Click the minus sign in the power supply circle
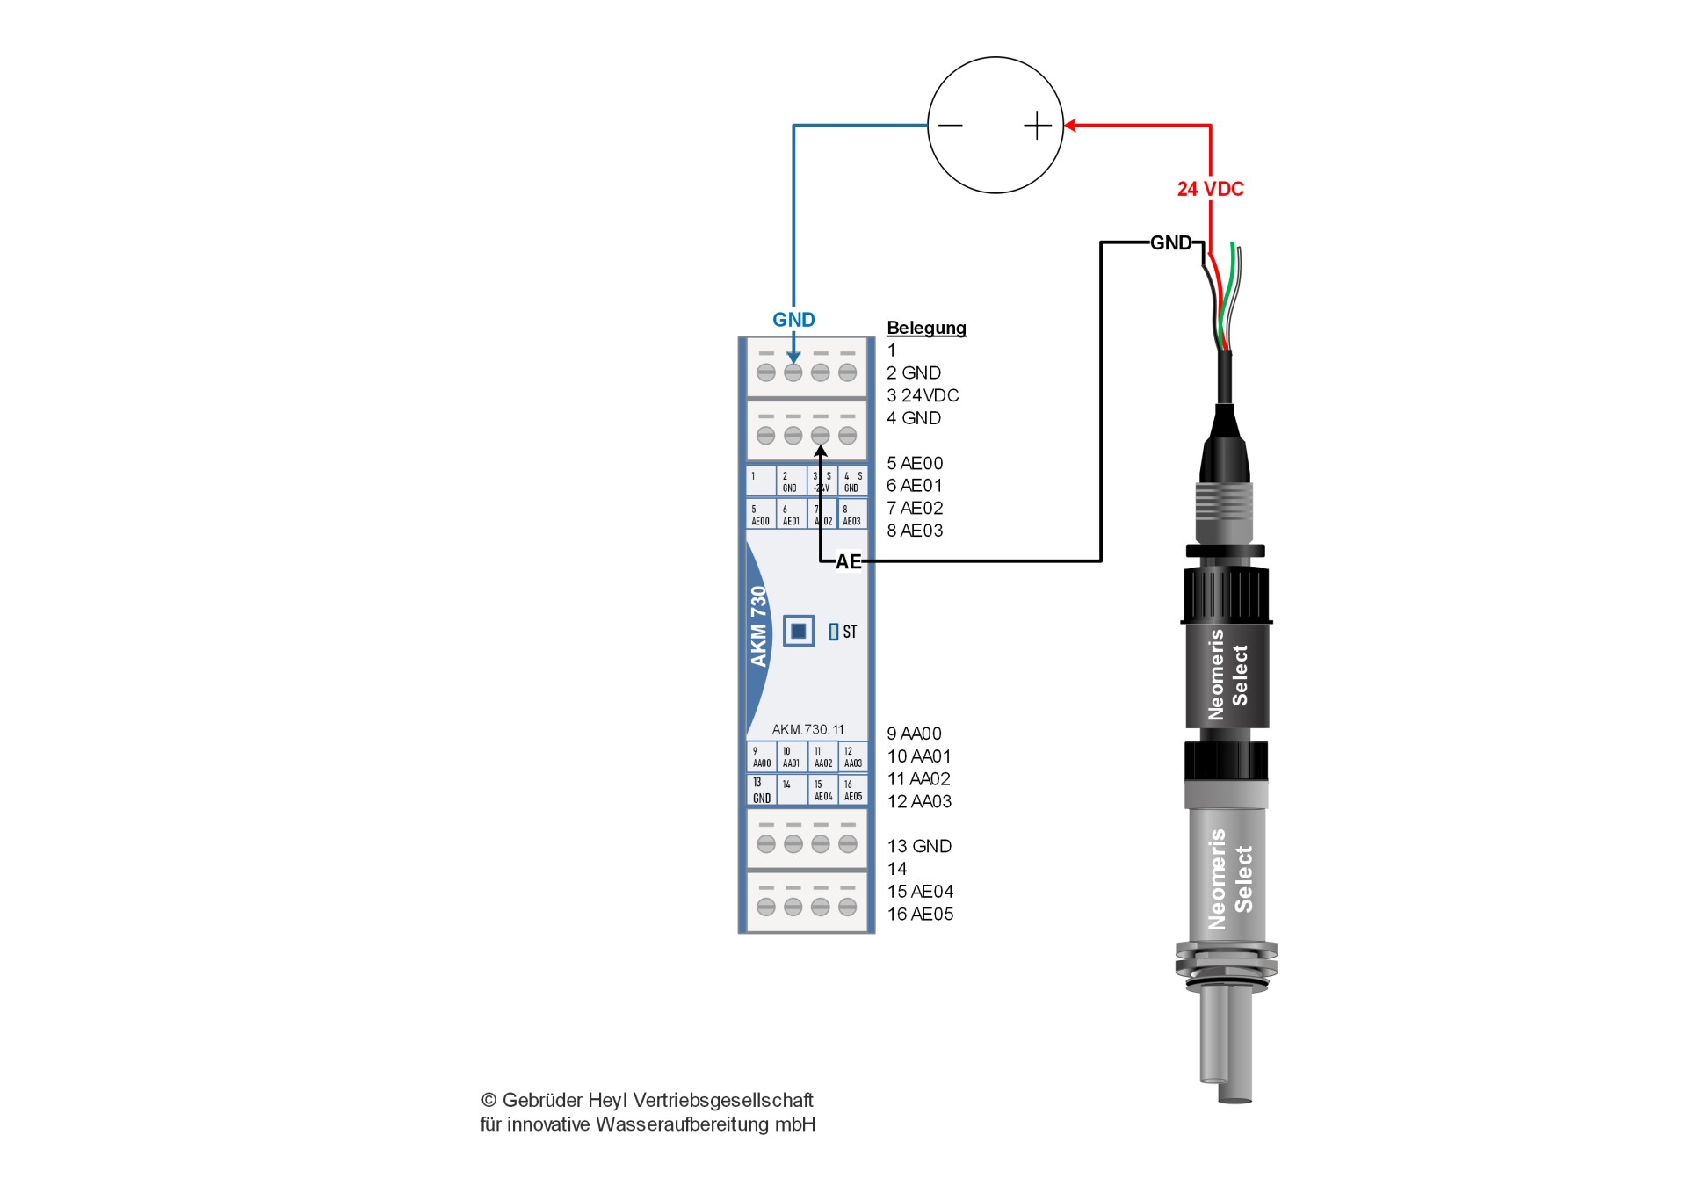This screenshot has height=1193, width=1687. click(950, 126)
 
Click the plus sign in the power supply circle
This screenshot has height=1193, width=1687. click(1038, 126)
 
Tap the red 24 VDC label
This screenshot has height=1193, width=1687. click(1210, 189)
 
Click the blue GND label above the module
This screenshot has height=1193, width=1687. click(793, 320)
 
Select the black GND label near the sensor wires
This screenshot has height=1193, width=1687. click(1170, 242)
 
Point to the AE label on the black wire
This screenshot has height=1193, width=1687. click(848, 561)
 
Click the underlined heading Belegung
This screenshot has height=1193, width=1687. click(926, 328)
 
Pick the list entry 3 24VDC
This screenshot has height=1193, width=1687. click(922, 395)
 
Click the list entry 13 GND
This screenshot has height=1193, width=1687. click(918, 846)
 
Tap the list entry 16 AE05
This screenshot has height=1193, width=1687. click(919, 914)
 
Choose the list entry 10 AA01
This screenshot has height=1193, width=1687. click(918, 756)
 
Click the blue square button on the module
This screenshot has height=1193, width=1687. click(798, 631)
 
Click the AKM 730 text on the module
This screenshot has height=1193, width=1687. click(758, 626)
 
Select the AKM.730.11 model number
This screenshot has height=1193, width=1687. click(807, 729)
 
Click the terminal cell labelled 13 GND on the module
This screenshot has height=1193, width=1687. click(761, 790)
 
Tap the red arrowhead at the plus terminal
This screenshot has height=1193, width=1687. click(1070, 126)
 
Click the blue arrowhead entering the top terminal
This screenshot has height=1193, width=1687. click(793, 358)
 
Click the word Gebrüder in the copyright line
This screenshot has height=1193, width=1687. click(541, 1100)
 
